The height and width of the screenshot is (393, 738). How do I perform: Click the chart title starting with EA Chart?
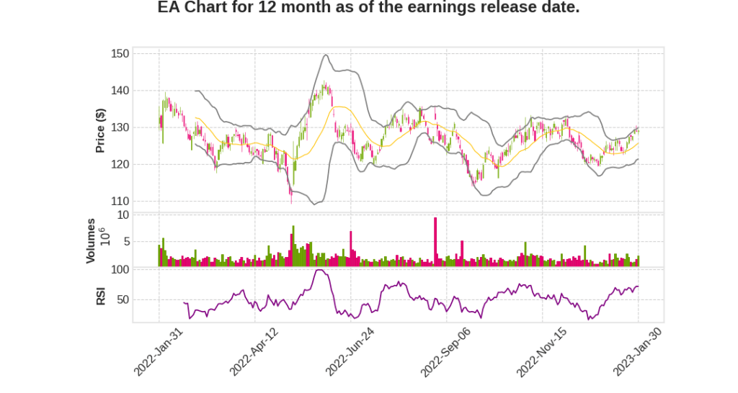pyautogui.click(x=368, y=9)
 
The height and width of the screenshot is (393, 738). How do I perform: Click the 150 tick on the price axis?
pyautogui.click(x=120, y=54)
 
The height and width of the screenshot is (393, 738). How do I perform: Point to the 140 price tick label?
pyautogui.click(x=120, y=91)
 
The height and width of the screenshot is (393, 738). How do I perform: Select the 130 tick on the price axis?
pyautogui.click(x=120, y=127)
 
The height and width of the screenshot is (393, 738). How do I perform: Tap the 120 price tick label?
pyautogui.click(x=120, y=164)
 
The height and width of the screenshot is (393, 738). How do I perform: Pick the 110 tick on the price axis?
pyautogui.click(x=120, y=201)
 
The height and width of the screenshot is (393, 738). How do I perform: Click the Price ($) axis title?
pyautogui.click(x=101, y=130)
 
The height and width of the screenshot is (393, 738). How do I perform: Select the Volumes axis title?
pyautogui.click(x=91, y=240)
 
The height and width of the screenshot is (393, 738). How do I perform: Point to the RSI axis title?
pyautogui.click(x=101, y=296)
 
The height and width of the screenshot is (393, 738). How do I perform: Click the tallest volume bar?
pyautogui.click(x=435, y=242)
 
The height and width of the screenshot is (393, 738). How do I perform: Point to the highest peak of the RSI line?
pyautogui.click(x=320, y=271)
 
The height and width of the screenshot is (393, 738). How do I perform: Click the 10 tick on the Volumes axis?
pyautogui.click(x=123, y=214)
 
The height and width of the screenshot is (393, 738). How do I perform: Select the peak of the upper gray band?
pyautogui.click(x=326, y=55)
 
